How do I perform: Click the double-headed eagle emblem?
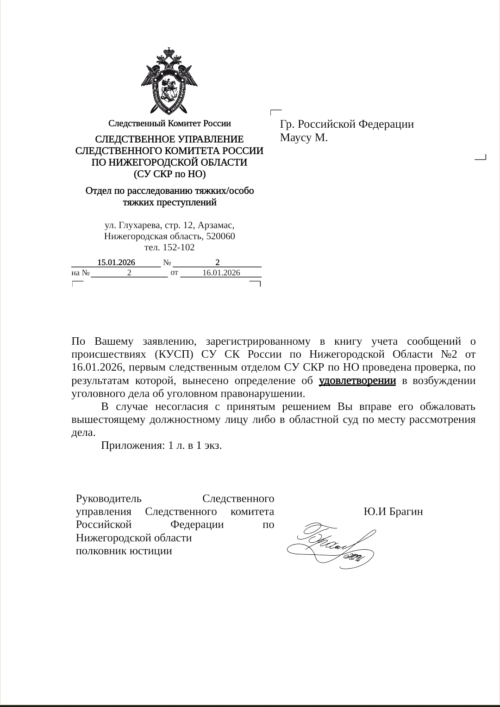[x=169, y=81]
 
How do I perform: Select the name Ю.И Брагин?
[x=393, y=512]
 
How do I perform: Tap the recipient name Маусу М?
[x=304, y=137]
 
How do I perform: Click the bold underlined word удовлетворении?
[x=357, y=381]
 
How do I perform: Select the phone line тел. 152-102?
[x=169, y=248]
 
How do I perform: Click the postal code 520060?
[x=221, y=236]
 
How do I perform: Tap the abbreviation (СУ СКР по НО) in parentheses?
[x=169, y=174]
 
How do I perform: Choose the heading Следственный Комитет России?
[x=169, y=124]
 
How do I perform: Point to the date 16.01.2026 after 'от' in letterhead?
[x=221, y=273]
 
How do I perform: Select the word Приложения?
[x=131, y=445]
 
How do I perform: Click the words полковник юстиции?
[x=124, y=551]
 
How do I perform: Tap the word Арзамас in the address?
[x=216, y=225]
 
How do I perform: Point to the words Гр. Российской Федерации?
[x=347, y=124]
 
